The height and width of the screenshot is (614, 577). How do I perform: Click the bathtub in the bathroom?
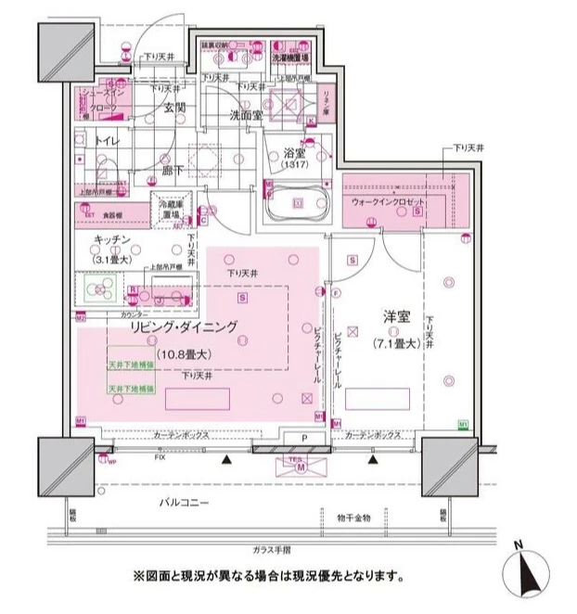tap(298, 201)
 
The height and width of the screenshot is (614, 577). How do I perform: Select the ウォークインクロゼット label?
tap(388, 201)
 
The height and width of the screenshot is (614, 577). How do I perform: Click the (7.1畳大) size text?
tap(398, 343)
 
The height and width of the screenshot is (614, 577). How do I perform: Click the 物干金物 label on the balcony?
tap(353, 517)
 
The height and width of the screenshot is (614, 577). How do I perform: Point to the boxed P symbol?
tap(303, 438)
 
